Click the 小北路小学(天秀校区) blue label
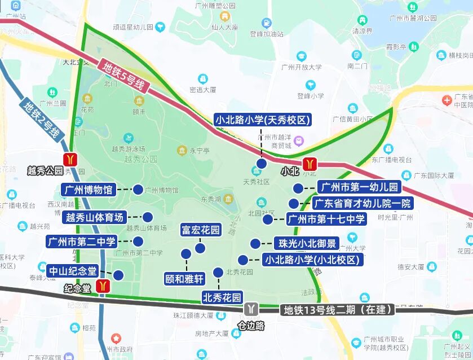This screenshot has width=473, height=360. (x=263, y=120)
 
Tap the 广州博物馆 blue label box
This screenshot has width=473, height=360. (x=89, y=190)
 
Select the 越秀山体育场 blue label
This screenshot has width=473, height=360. (x=95, y=217)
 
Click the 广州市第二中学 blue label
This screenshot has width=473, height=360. (x=82, y=242)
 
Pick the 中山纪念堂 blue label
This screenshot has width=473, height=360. (x=72, y=270)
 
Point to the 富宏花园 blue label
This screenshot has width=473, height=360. (x=200, y=230)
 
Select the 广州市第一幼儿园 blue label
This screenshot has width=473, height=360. (x=358, y=187)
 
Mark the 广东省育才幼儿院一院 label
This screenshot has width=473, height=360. (x=363, y=203)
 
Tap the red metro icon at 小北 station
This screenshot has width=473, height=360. (x=310, y=164)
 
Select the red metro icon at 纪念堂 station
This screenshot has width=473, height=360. (x=102, y=286)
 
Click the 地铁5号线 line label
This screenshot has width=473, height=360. (x=124, y=77)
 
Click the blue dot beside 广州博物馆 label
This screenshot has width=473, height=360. (x=138, y=190)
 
